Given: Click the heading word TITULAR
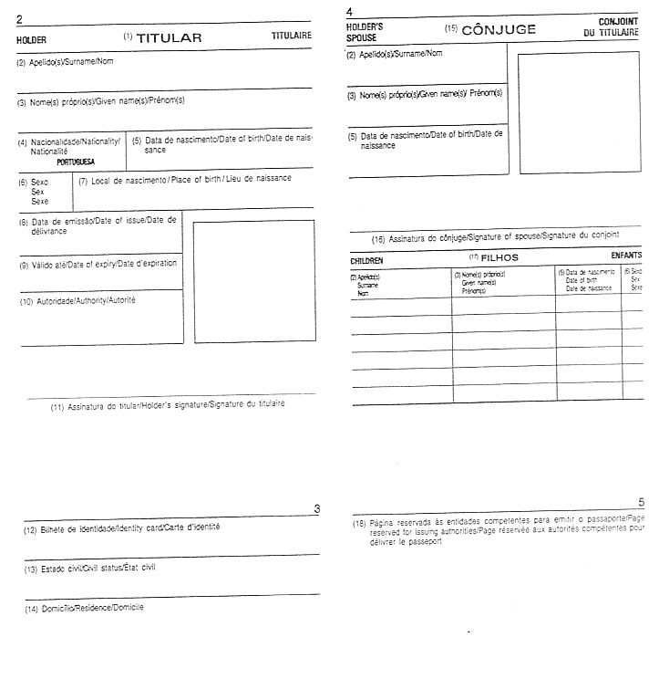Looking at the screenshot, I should click(x=169, y=38).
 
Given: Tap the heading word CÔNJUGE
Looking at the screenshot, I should click(x=499, y=30).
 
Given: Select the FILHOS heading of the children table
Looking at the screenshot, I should click(x=499, y=257).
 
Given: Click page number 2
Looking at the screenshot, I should click(x=19, y=19).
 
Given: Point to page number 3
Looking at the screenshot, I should click(x=315, y=508).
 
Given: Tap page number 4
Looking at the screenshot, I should click(x=350, y=12).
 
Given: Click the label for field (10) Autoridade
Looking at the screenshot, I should click(x=77, y=300).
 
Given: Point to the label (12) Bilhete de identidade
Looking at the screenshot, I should click(x=119, y=527).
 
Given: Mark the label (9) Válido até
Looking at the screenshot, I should click(x=98, y=264).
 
